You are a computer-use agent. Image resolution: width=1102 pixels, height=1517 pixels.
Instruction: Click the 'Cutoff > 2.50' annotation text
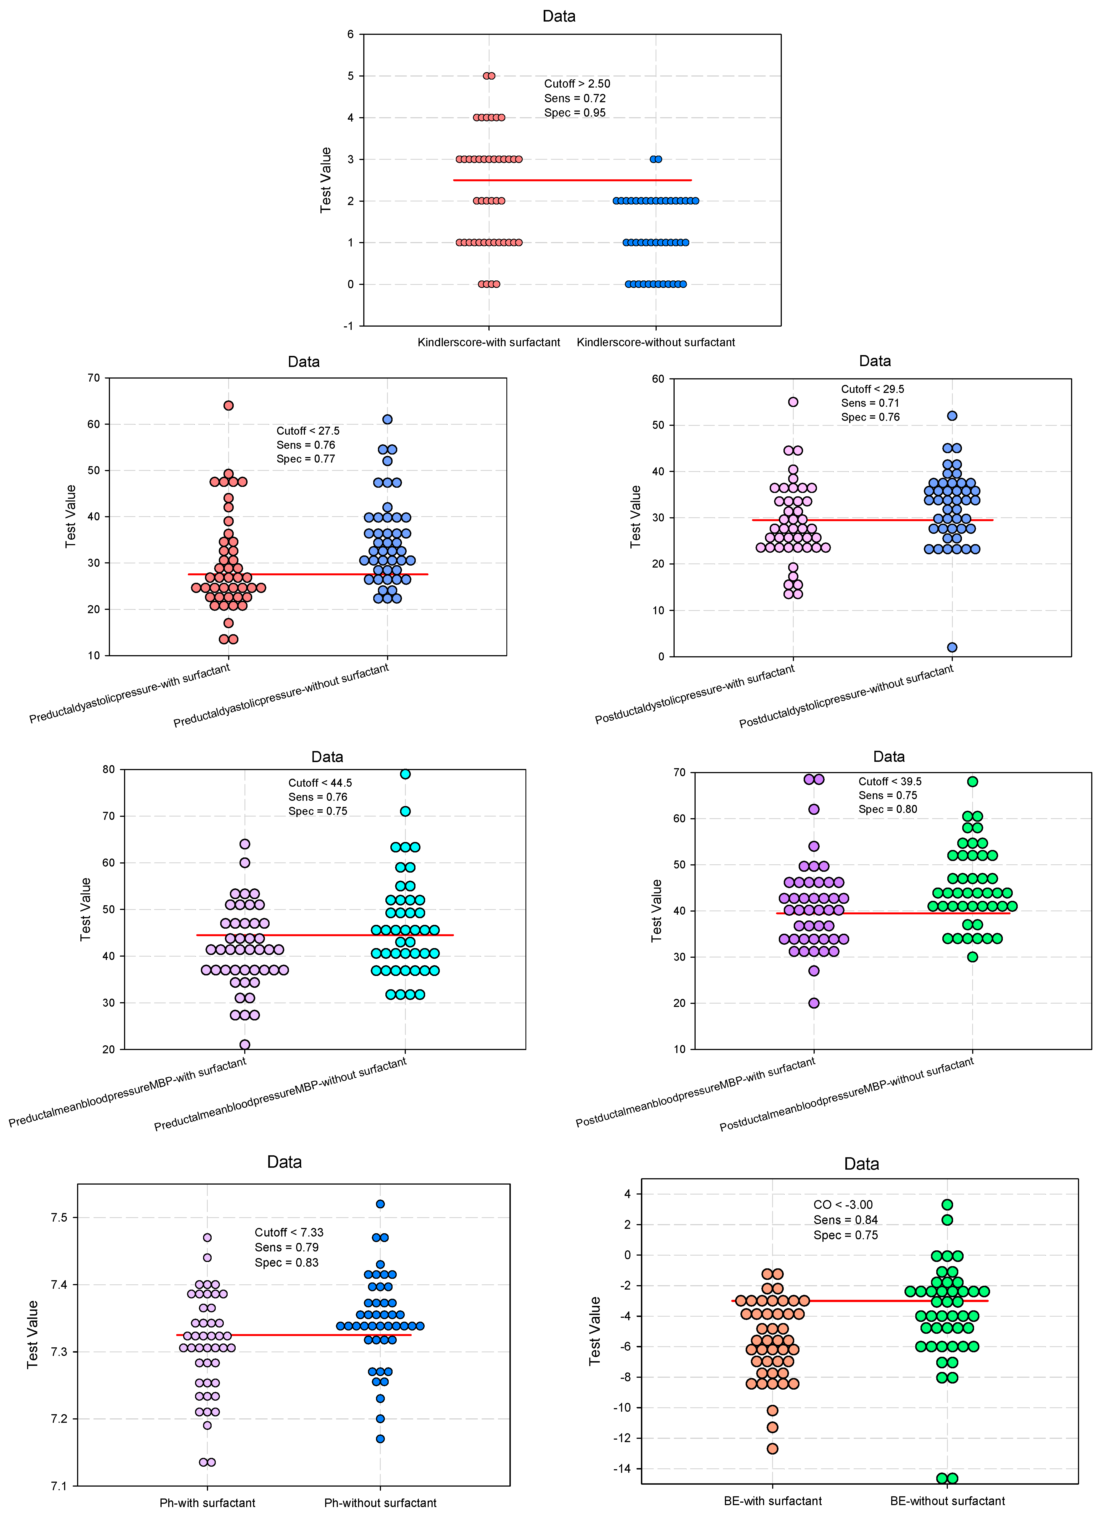[576, 84]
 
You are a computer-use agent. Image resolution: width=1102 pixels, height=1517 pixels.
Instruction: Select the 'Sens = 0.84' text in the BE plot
[845, 1220]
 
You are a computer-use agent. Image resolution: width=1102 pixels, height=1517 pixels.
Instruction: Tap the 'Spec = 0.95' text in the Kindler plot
[574, 112]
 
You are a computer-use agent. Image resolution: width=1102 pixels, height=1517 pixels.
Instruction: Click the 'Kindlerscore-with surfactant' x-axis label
[489, 342]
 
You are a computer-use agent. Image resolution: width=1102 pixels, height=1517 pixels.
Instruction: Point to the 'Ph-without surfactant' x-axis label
[380, 1503]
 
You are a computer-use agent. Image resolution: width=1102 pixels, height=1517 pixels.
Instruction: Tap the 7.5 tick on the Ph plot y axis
[59, 1217]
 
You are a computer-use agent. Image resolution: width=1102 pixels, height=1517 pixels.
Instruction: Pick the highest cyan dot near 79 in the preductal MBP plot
[405, 774]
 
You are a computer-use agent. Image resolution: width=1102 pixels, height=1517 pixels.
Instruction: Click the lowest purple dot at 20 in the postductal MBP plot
[814, 1003]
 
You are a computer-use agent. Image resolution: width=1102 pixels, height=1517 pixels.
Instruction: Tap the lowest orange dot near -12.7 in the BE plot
[772, 1449]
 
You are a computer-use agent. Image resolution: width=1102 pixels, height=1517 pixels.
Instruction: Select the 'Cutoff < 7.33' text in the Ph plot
[289, 1232]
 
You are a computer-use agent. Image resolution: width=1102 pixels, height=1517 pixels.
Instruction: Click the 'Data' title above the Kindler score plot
[559, 16]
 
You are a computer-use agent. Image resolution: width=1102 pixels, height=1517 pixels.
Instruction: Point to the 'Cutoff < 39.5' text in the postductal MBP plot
[889, 781]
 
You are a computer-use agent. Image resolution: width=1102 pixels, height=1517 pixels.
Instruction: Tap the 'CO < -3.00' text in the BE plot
[843, 1205]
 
